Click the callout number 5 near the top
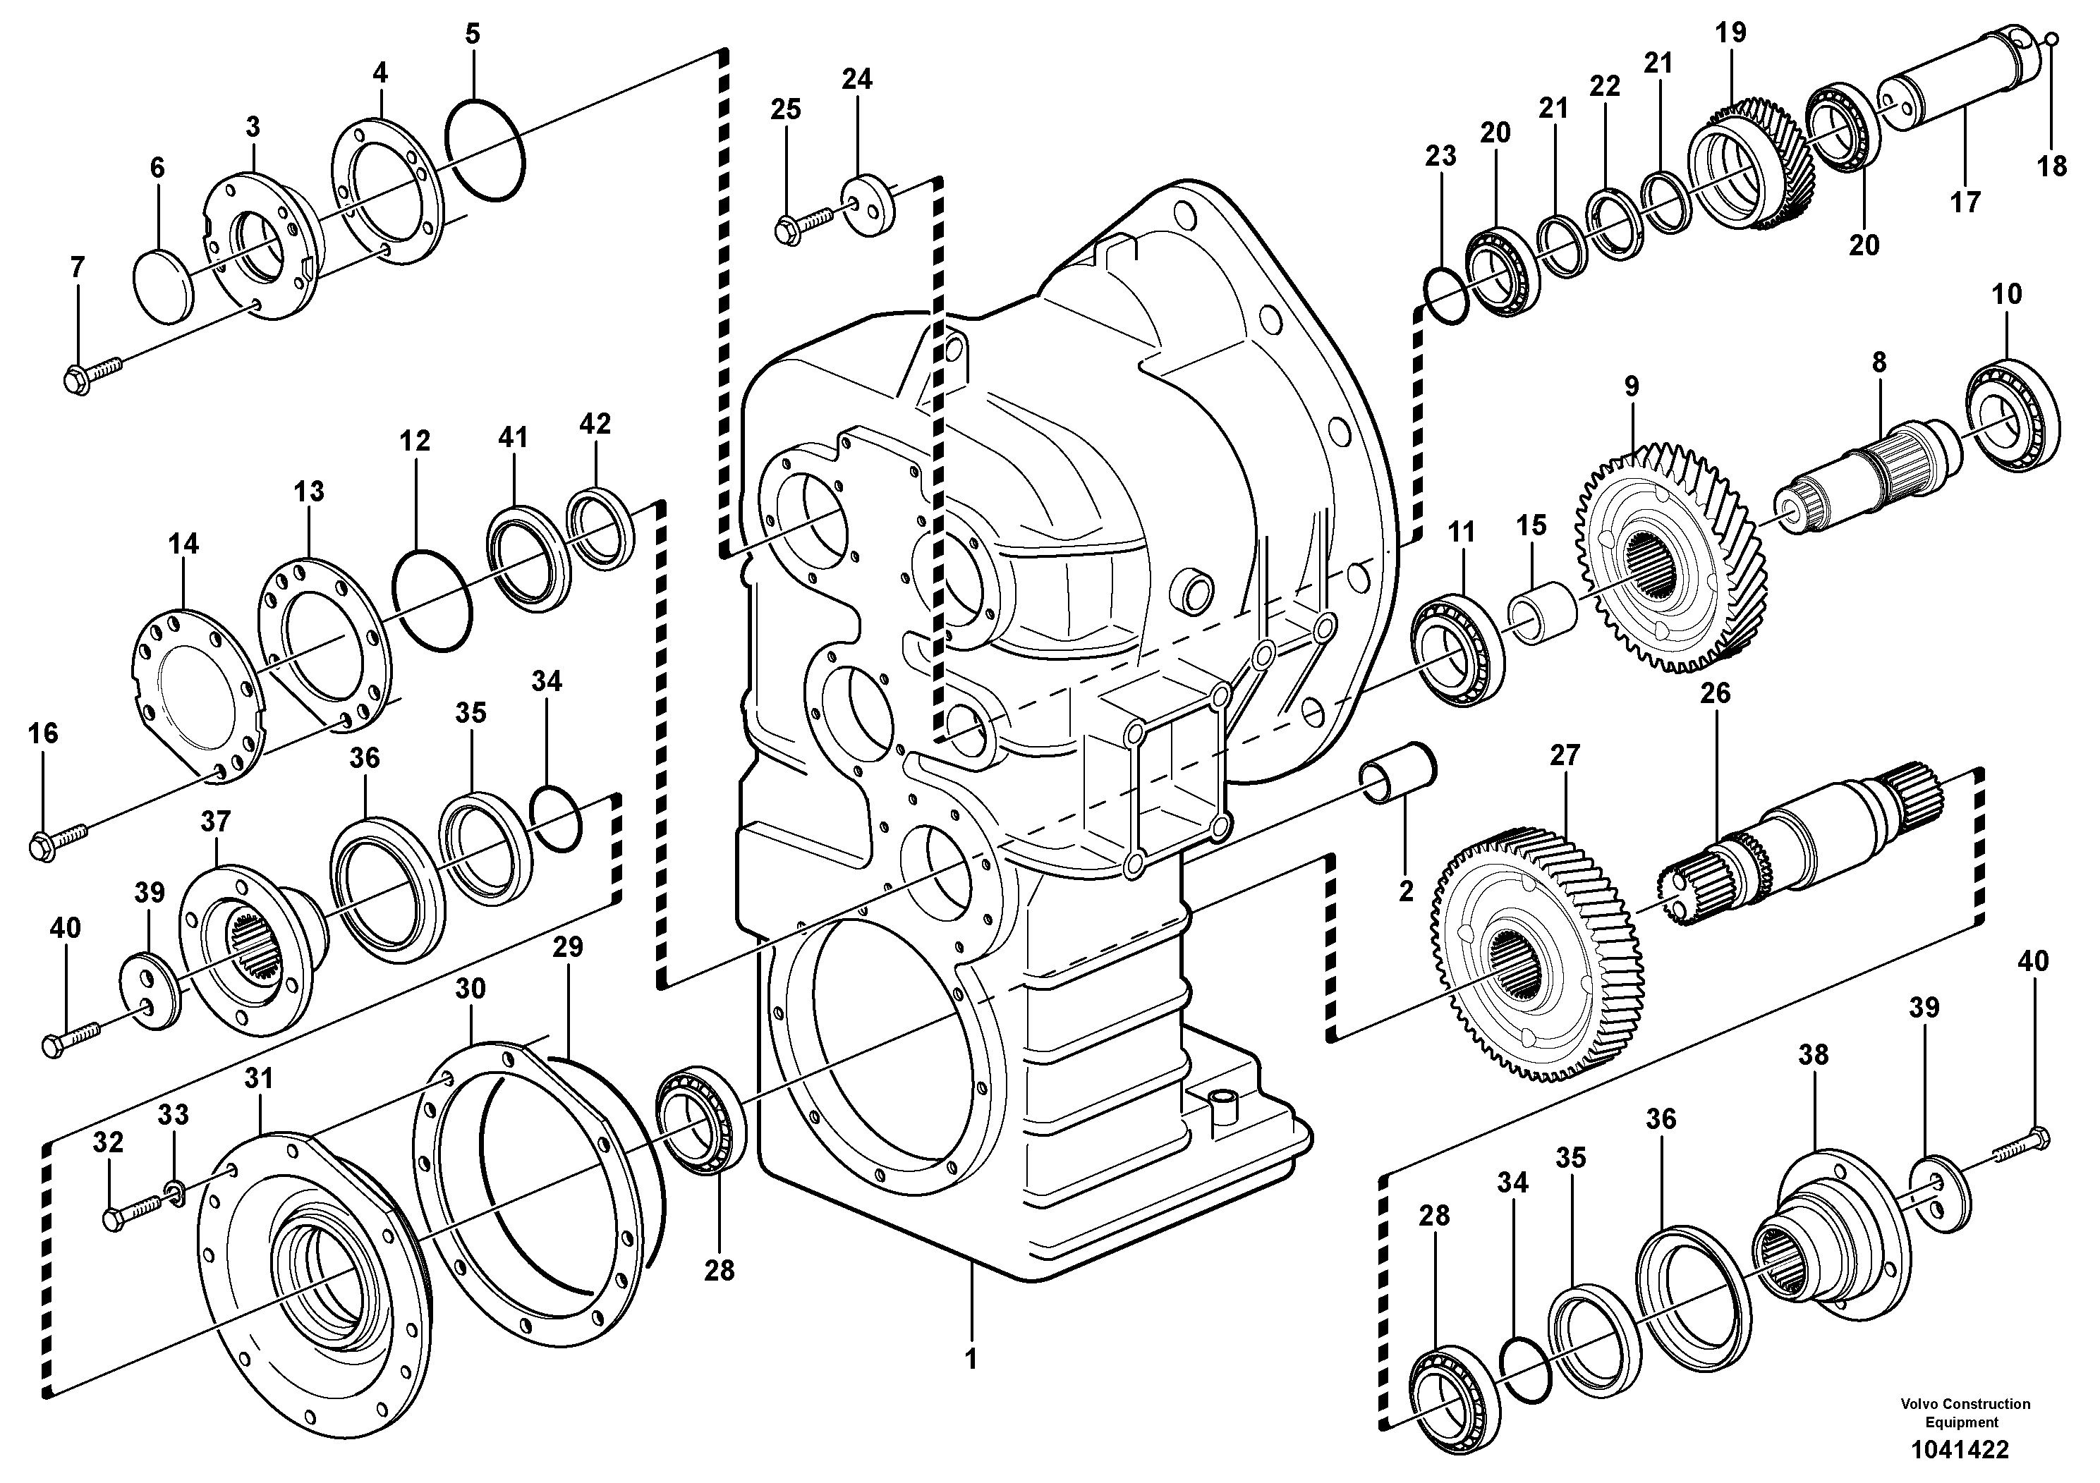click(472, 35)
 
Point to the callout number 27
click(1565, 755)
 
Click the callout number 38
click(1813, 1054)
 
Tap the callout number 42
click(595, 425)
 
